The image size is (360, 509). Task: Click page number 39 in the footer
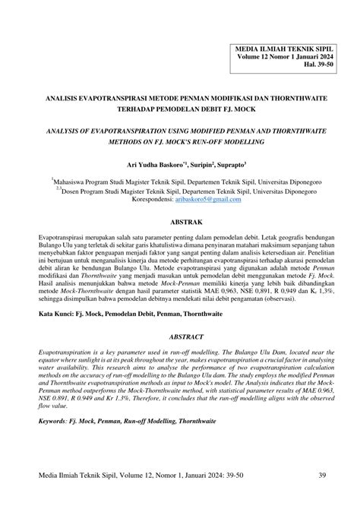[322, 476]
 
